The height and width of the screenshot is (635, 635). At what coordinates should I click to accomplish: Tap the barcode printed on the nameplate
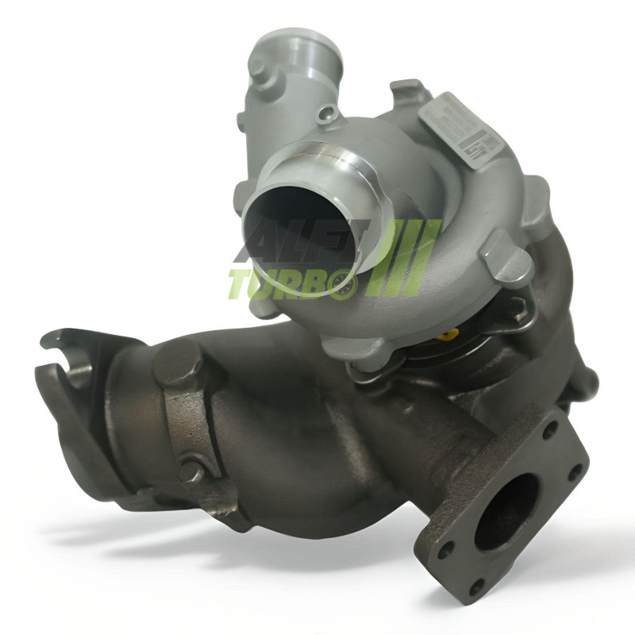point(490,146)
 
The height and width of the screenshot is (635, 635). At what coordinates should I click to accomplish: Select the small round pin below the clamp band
point(190,473)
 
